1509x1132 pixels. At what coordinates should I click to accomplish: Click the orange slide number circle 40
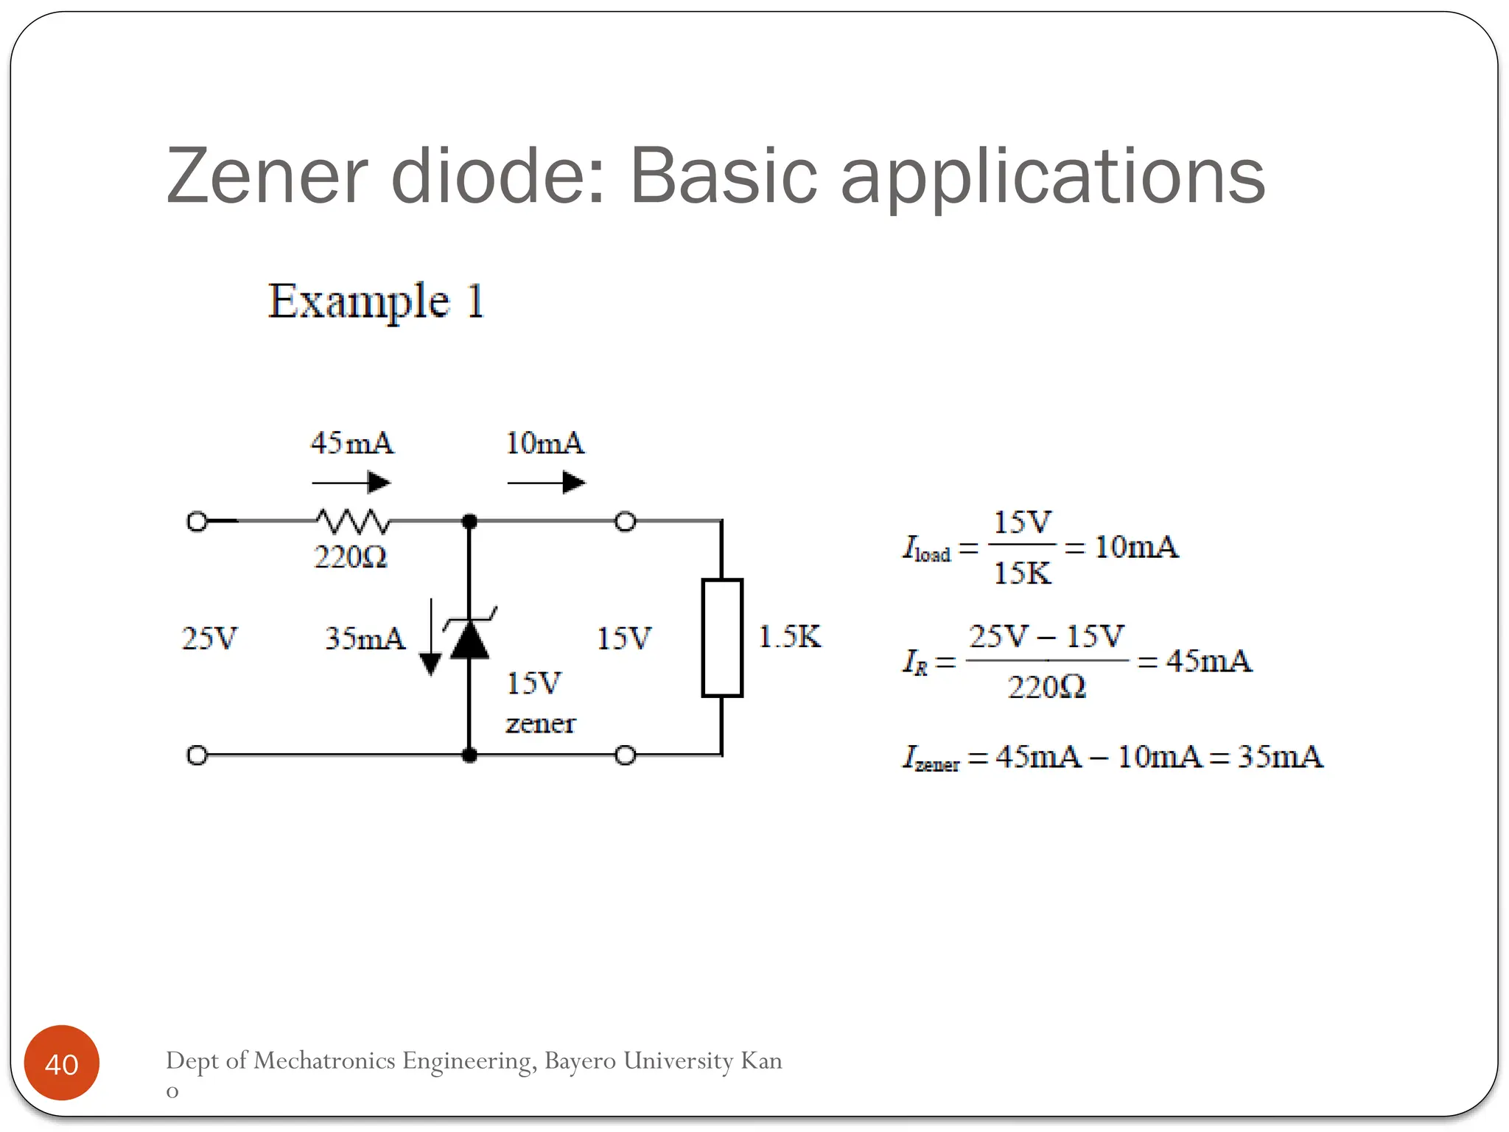[62, 1063]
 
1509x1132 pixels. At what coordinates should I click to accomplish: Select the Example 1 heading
[376, 301]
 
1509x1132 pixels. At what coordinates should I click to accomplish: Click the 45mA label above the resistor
[352, 443]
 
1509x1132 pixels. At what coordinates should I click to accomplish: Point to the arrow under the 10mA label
[546, 483]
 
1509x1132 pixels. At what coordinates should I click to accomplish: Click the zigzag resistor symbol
[353, 521]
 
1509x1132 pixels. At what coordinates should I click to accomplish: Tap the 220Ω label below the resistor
[351, 557]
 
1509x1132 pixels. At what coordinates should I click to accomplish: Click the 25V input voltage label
[210, 638]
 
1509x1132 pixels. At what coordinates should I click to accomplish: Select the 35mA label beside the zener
[365, 638]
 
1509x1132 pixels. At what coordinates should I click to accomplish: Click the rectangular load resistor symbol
[721, 637]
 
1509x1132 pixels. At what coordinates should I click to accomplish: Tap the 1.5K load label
[789, 637]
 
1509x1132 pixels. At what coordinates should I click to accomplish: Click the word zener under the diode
[540, 724]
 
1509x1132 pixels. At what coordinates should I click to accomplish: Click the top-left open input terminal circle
[197, 522]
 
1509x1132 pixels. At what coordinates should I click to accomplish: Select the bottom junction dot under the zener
[469, 755]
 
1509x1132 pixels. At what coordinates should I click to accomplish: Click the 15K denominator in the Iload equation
[1022, 573]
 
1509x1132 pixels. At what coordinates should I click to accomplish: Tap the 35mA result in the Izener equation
[1280, 757]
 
